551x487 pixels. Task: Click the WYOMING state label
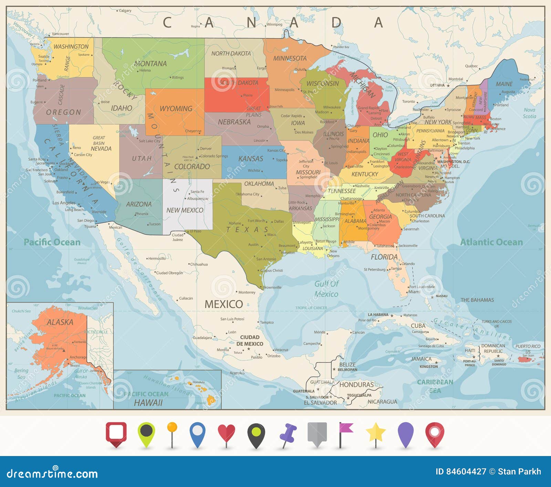coord(176,109)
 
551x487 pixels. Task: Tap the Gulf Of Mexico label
coord(326,289)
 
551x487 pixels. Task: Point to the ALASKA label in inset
coord(60,322)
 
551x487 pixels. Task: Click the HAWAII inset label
coord(148,403)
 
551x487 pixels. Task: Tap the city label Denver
coord(206,149)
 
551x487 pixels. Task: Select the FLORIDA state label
coord(384,257)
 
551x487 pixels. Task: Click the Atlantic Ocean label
coord(491,242)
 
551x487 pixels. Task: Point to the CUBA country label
coord(418,326)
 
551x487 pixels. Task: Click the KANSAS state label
coord(251,159)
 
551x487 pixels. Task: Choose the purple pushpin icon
coord(288,434)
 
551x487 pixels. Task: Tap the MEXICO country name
coord(224,304)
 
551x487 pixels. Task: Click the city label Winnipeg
coord(274,24)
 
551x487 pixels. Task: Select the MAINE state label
coord(504,84)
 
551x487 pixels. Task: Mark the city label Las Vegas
coord(102,182)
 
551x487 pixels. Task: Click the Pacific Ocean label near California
coord(52,242)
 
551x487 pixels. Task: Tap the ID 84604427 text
coord(461,472)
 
